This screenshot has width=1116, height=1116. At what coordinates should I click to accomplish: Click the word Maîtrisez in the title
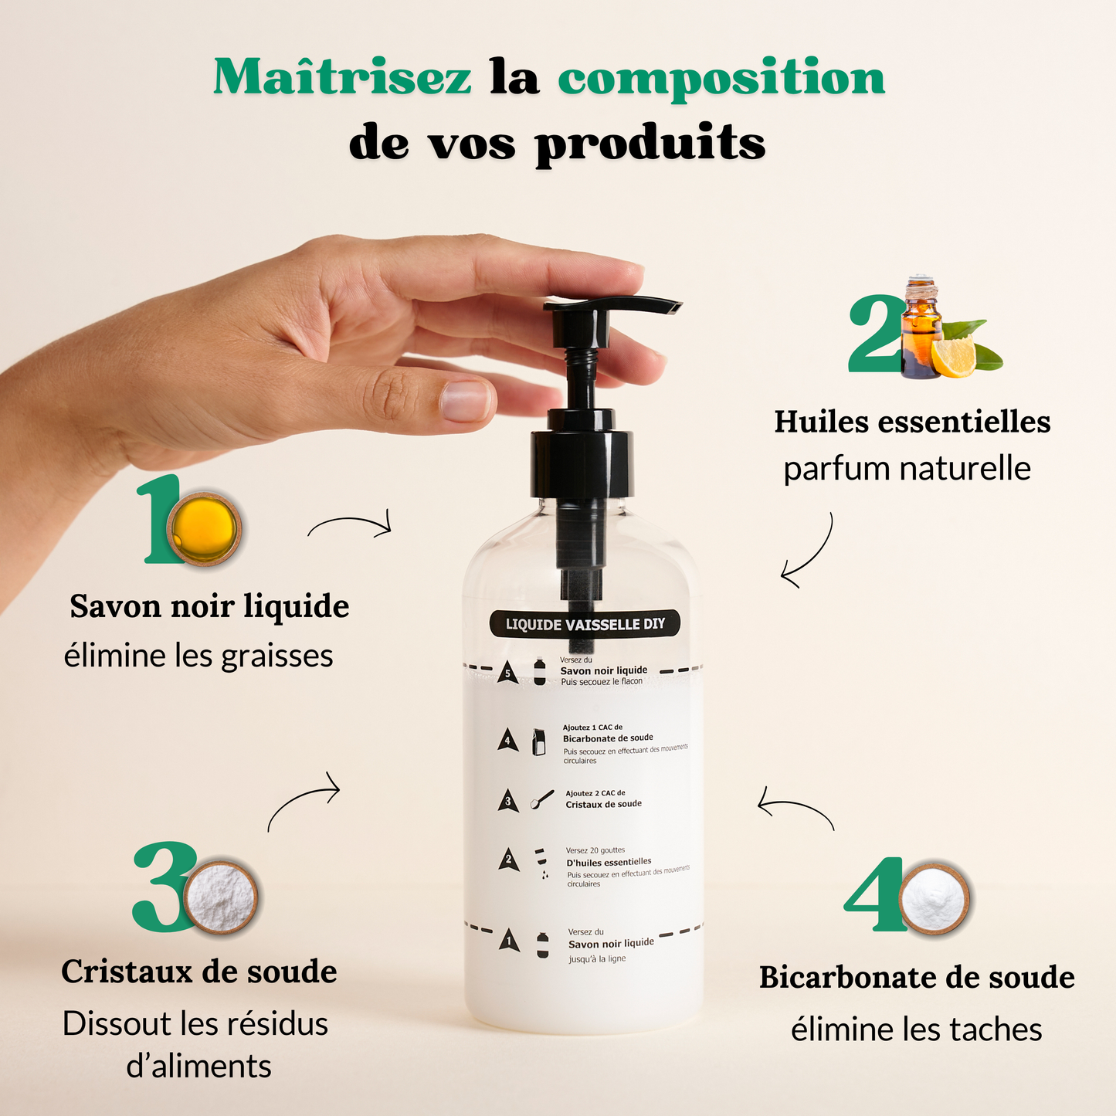pyautogui.click(x=341, y=78)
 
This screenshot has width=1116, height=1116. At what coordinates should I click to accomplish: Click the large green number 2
pyautogui.click(x=875, y=334)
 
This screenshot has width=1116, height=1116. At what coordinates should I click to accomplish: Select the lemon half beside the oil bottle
pyautogui.click(x=954, y=356)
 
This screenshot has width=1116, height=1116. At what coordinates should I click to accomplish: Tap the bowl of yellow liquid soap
pyautogui.click(x=205, y=528)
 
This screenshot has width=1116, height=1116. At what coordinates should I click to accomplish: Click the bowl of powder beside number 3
pyautogui.click(x=221, y=897)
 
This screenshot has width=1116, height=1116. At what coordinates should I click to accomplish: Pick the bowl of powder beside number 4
pyautogui.click(x=934, y=898)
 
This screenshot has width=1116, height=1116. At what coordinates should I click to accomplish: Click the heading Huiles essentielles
pyautogui.click(x=912, y=422)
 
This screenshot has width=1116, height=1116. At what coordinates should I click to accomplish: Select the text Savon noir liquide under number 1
pyautogui.click(x=209, y=606)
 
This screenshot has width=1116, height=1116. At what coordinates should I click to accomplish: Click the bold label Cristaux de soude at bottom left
pyautogui.click(x=199, y=972)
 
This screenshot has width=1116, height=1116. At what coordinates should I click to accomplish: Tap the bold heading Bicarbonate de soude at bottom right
pyautogui.click(x=917, y=978)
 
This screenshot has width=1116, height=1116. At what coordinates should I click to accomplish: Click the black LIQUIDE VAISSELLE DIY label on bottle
pyautogui.click(x=585, y=624)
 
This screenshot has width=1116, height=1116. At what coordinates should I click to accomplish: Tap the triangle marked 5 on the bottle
pyautogui.click(x=507, y=673)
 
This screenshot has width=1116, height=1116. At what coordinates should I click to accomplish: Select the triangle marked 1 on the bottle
pyautogui.click(x=508, y=940)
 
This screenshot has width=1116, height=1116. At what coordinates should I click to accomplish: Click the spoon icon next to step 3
pyautogui.click(x=542, y=799)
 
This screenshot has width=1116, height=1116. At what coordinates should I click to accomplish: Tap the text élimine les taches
pyautogui.click(x=916, y=1030)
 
